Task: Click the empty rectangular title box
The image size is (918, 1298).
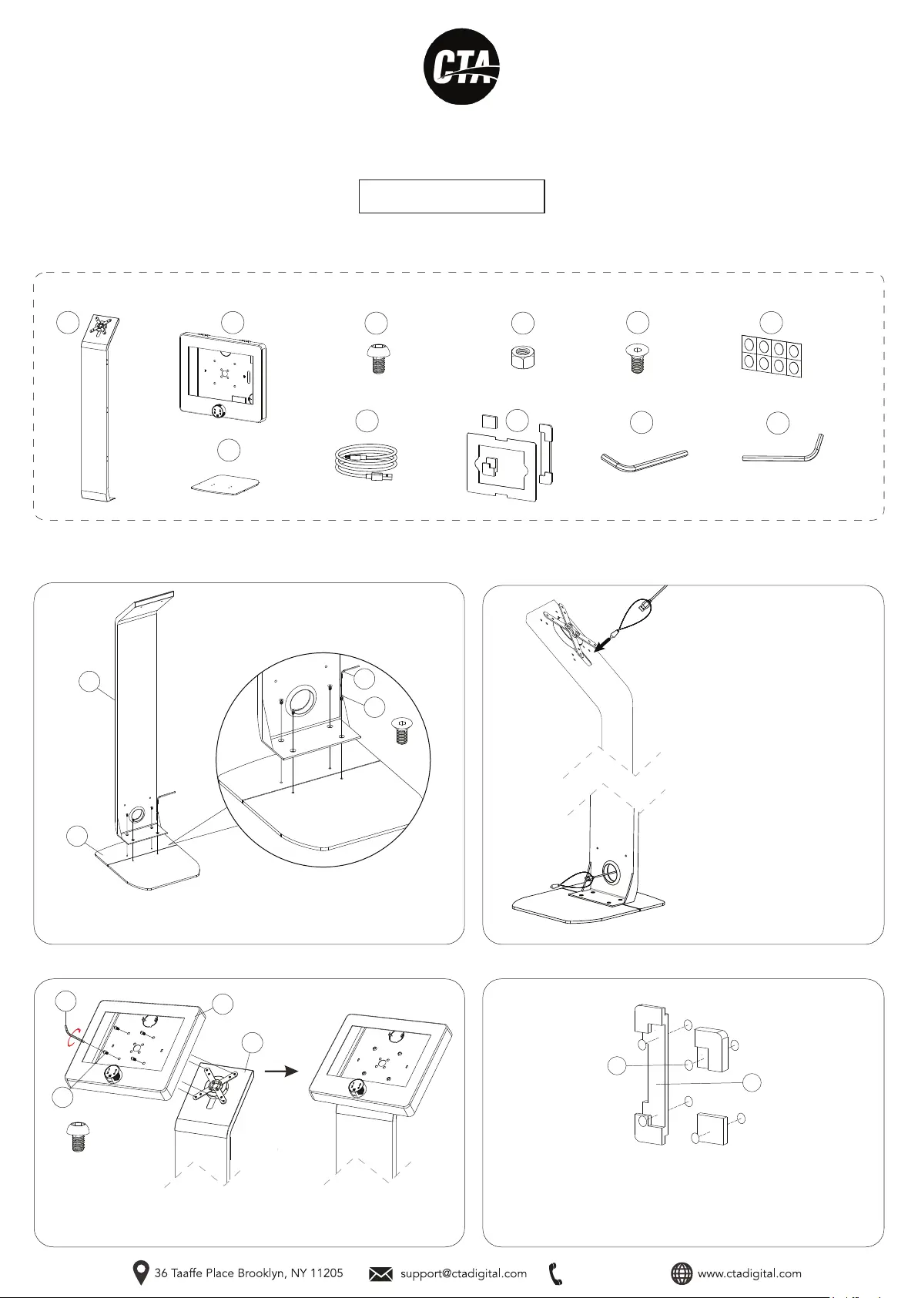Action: click(452, 196)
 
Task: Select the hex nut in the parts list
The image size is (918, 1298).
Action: click(523, 357)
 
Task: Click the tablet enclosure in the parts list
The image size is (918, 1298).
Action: click(223, 377)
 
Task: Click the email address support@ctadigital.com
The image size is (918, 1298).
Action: click(464, 1273)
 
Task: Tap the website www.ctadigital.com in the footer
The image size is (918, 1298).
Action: click(749, 1273)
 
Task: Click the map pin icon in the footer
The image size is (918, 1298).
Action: click(141, 1273)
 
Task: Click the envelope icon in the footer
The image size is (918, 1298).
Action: click(380, 1274)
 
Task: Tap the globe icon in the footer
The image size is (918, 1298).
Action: click(682, 1274)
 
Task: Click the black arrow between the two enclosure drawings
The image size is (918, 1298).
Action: click(281, 1072)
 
